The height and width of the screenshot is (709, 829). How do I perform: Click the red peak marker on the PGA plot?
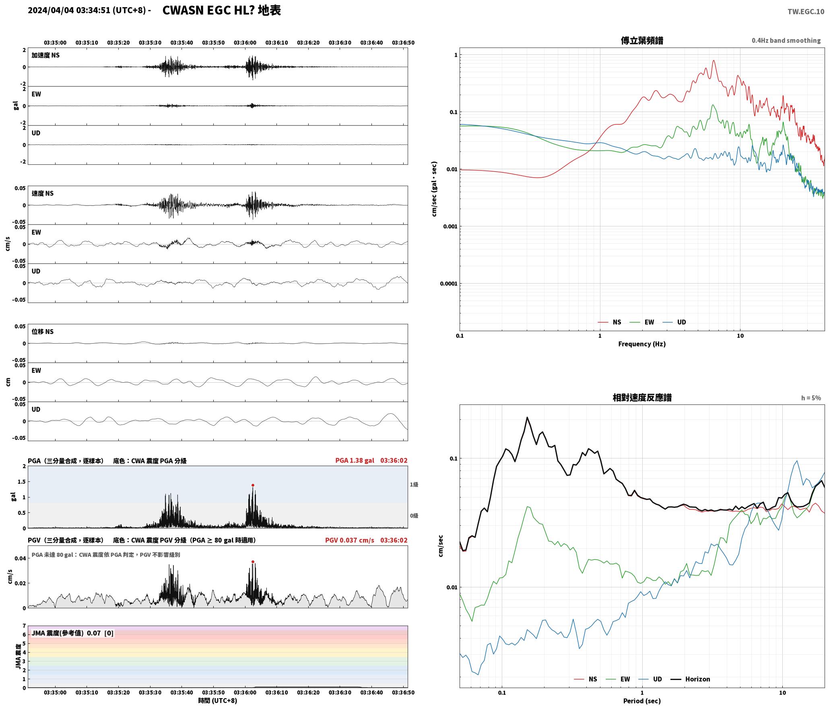tap(253, 485)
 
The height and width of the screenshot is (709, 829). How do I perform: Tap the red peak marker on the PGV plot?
tap(253, 562)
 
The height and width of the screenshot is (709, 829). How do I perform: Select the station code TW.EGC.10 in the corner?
tap(806, 12)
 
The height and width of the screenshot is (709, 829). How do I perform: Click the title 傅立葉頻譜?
tap(642, 41)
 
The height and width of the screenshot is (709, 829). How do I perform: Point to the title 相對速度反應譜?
tap(642, 398)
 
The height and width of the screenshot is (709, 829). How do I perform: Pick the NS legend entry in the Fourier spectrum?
tap(610, 322)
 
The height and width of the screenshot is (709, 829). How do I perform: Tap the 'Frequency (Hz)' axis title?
tap(642, 344)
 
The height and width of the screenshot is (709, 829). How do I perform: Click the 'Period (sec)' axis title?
tap(642, 701)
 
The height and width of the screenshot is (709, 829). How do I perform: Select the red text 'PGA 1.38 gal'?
tap(355, 460)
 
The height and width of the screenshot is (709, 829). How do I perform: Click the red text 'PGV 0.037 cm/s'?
tap(349, 540)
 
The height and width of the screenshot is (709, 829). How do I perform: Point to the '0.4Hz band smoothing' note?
tap(786, 41)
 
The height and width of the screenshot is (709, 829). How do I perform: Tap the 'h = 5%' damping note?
tap(811, 398)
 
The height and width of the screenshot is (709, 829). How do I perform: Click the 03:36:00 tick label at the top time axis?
tap(245, 43)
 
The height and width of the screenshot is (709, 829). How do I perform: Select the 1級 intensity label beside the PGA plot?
tap(414, 485)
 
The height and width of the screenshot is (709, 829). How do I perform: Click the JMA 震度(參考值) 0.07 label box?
tap(72, 633)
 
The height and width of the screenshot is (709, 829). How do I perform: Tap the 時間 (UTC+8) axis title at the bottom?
tap(217, 701)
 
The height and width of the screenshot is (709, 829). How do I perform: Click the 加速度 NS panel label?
tap(45, 55)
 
